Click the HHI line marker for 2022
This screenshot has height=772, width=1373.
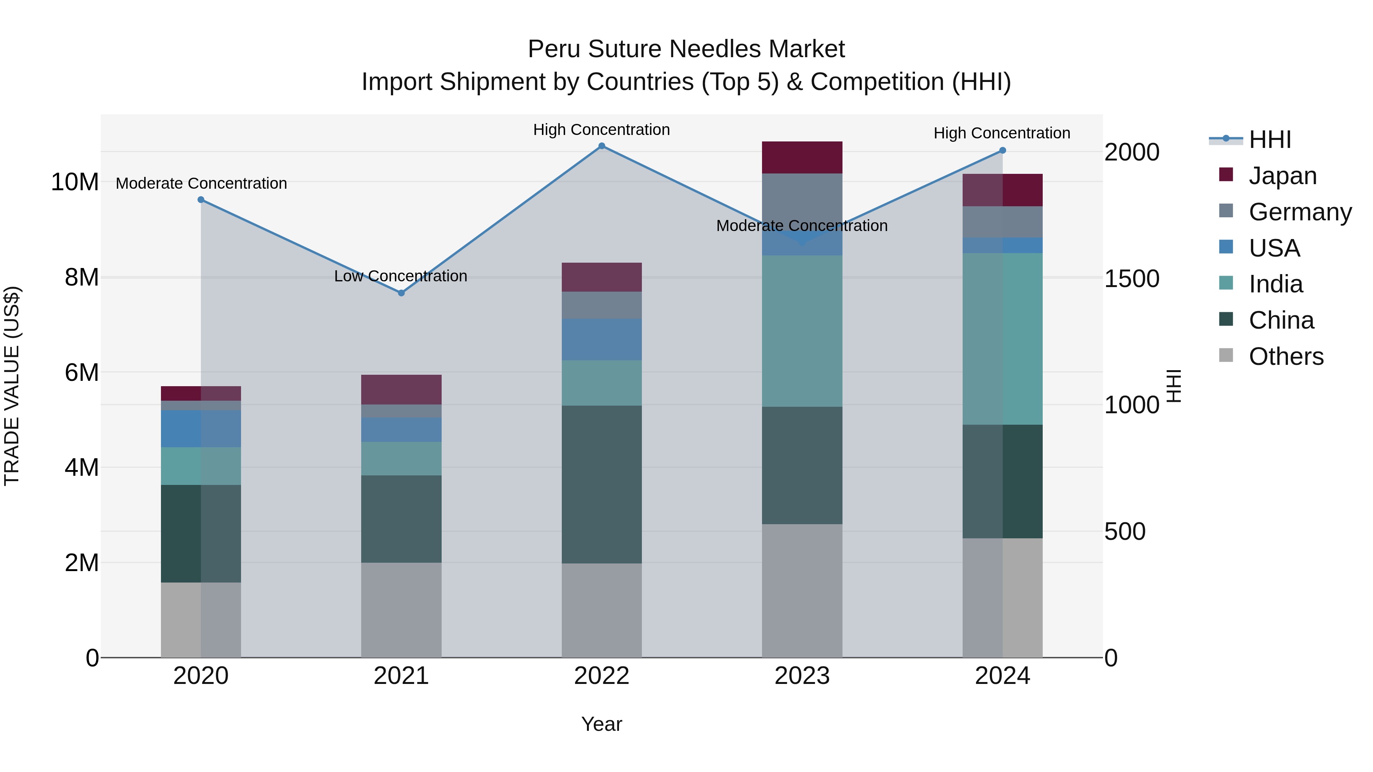click(602, 146)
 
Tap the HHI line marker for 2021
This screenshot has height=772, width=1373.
click(401, 293)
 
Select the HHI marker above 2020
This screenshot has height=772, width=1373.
click(201, 200)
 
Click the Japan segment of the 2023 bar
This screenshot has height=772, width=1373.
click(802, 158)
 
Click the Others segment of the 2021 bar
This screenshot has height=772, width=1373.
click(401, 610)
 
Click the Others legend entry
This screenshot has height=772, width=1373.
click(1286, 356)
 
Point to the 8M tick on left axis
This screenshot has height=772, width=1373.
click(82, 277)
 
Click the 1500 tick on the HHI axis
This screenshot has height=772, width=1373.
click(1132, 279)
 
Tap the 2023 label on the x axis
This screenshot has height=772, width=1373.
click(802, 676)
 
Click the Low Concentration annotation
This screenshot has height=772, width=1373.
click(401, 276)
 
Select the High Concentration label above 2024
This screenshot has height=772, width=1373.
click(1002, 133)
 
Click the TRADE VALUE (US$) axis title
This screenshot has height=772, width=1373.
click(12, 386)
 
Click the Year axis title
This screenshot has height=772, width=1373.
click(602, 724)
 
